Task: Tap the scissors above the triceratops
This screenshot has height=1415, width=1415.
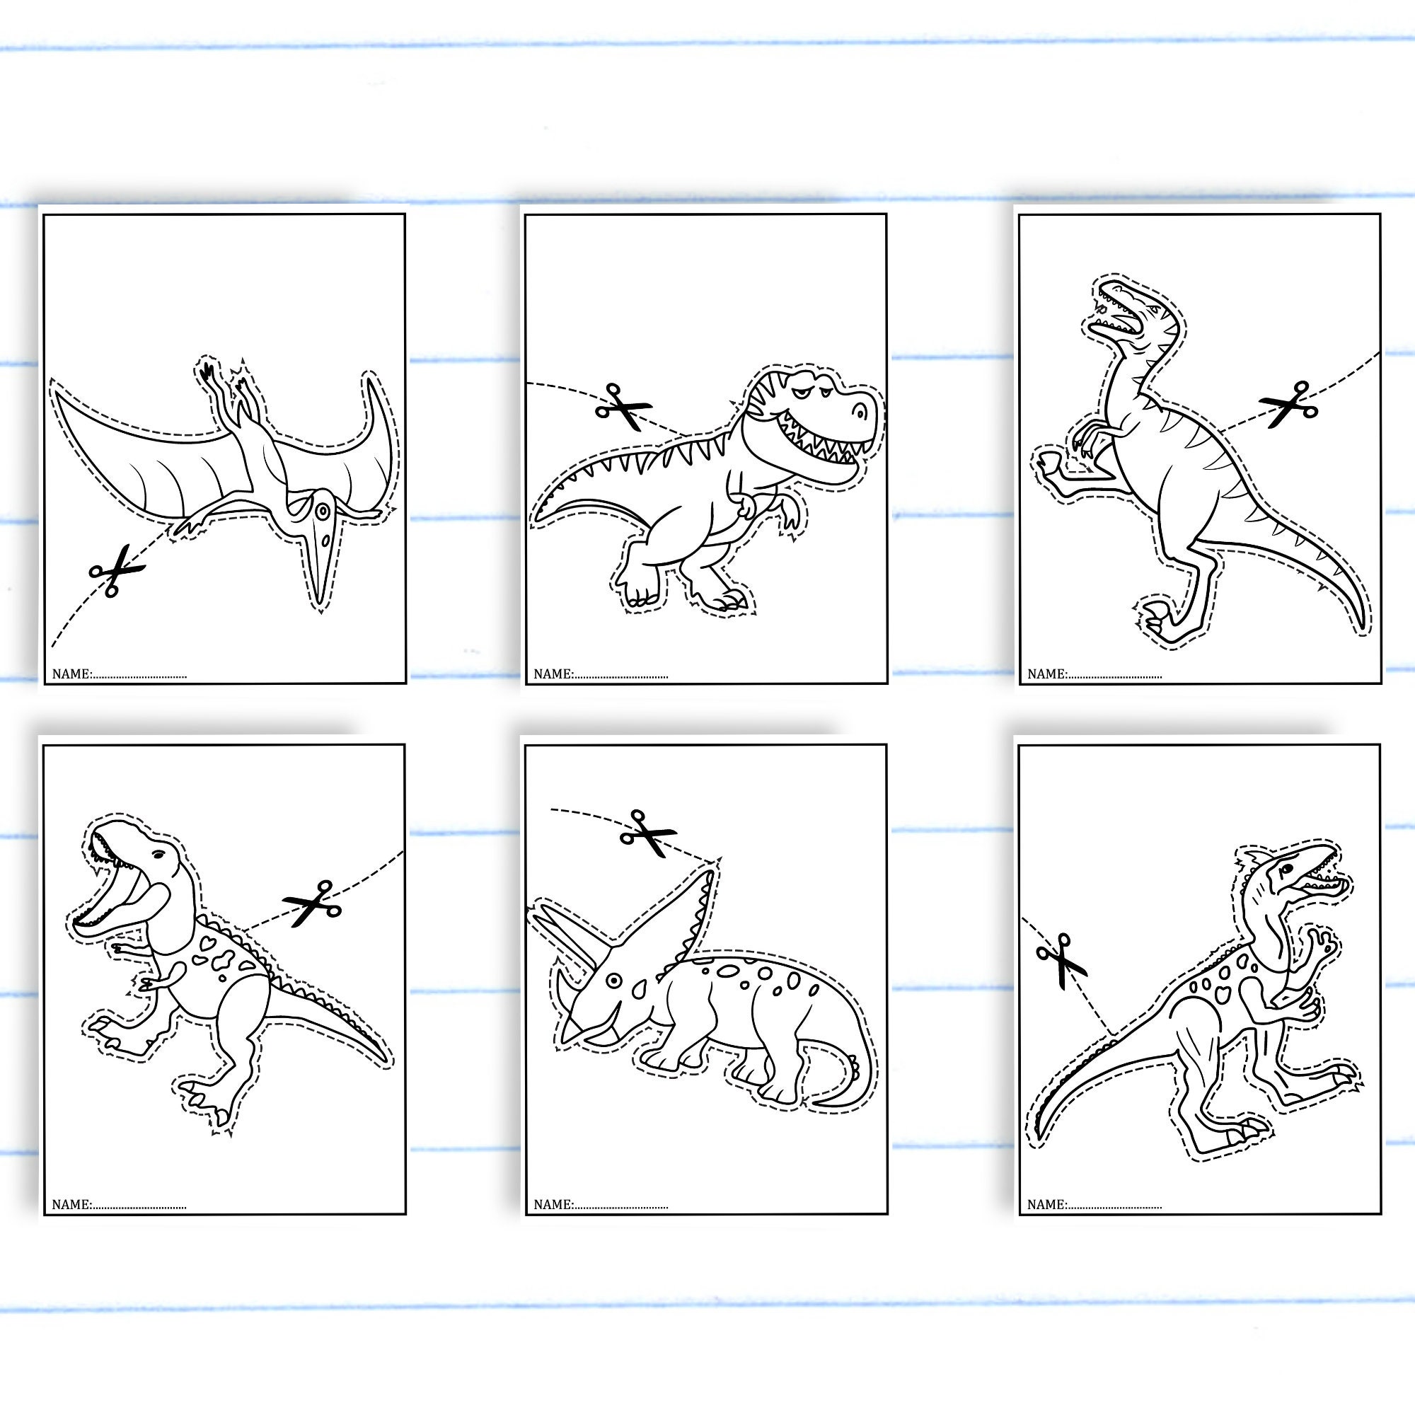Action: coord(647,833)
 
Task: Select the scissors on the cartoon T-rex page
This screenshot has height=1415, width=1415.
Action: coord(623,408)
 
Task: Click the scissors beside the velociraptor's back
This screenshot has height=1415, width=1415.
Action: coord(1288,403)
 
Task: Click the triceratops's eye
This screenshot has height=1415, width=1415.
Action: coord(613,980)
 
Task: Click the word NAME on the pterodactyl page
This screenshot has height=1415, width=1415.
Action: coord(71,674)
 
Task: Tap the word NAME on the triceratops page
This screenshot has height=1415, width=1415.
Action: coord(553,1204)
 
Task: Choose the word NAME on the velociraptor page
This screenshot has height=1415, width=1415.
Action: coord(1046,674)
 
